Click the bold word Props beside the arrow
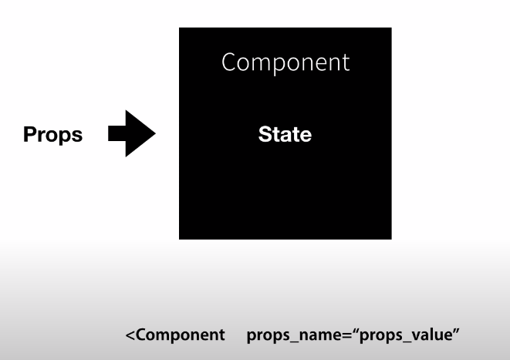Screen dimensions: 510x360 click(x=52, y=135)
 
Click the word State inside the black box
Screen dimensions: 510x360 click(x=285, y=135)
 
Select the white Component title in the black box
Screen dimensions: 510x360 click(x=285, y=62)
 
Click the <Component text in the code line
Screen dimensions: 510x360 click(x=175, y=336)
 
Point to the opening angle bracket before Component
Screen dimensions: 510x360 click(x=130, y=337)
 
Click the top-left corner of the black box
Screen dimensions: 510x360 click(x=180, y=29)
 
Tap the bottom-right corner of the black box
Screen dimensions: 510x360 click(x=390, y=238)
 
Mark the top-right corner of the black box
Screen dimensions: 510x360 click(x=390, y=29)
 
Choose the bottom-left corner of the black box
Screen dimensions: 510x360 click(x=180, y=238)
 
